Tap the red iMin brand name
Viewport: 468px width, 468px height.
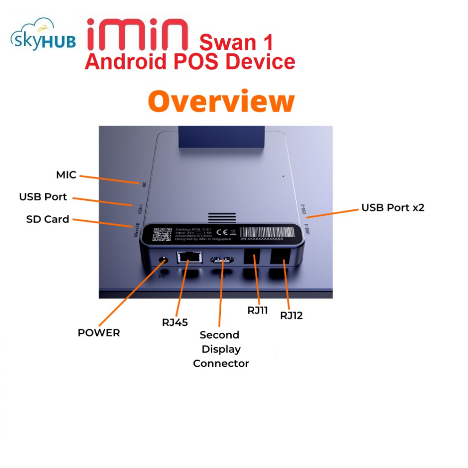(x=137, y=35)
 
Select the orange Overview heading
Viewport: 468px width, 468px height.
(x=221, y=101)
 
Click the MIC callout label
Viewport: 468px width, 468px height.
(x=66, y=175)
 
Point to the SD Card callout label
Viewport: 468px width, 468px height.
(x=48, y=219)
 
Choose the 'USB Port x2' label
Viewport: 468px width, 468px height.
(x=393, y=207)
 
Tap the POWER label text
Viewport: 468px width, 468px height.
(x=99, y=333)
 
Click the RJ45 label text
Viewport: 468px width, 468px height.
(x=175, y=322)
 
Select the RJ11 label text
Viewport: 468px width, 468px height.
(x=258, y=310)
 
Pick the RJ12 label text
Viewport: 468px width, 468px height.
(x=292, y=315)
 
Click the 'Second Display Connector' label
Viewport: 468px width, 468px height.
(x=221, y=349)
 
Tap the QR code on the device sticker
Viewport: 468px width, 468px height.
(x=162, y=234)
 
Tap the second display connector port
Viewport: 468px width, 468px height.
(x=222, y=261)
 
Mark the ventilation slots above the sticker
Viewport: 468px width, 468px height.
(x=222, y=218)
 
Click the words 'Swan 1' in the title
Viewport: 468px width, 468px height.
(x=236, y=43)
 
